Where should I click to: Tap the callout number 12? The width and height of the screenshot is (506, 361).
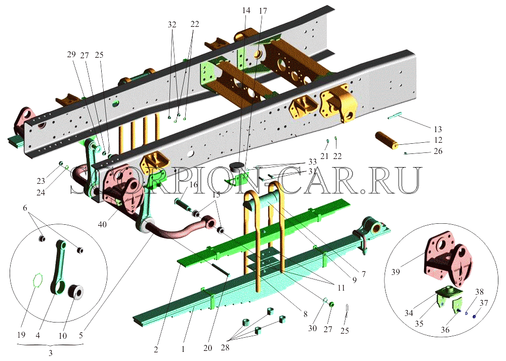(x=438, y=140)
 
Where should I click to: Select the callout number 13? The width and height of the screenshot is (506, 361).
(x=438, y=129)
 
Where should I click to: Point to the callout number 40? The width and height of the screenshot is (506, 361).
(x=102, y=223)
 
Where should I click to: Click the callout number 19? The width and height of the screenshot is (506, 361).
(x=21, y=335)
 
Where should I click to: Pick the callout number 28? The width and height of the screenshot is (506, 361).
(x=225, y=347)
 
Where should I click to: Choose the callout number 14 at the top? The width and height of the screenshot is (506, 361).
(x=246, y=10)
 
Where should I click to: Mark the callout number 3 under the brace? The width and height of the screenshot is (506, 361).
(x=50, y=353)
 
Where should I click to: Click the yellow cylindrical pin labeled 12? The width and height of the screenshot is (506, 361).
(x=387, y=140)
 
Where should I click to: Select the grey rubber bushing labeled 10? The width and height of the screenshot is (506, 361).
(x=77, y=292)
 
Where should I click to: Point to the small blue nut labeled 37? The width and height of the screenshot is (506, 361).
(x=475, y=316)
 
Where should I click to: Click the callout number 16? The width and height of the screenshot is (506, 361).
(x=193, y=184)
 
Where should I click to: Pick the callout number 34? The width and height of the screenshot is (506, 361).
(x=409, y=313)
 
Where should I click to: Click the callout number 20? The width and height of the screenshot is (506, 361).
(x=208, y=347)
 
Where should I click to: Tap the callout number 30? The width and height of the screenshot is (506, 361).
(x=312, y=328)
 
